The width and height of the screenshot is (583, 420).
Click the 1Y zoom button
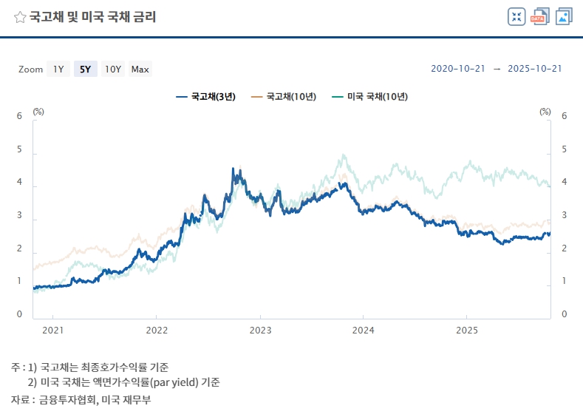coord(58,70)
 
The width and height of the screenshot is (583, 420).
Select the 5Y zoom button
coord(85,70)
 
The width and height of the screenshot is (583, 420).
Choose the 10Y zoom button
coord(112,70)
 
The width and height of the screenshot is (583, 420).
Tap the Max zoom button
coord(140,70)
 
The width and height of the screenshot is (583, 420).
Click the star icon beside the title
coord(20,17)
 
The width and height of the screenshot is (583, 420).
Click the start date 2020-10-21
coord(457,69)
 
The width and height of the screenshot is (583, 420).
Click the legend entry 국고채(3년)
coord(206,96)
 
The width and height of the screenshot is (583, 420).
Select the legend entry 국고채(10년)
coord(284,96)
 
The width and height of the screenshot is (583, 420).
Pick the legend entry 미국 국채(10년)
coord(370,96)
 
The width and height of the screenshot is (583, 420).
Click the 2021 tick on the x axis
coord(52,329)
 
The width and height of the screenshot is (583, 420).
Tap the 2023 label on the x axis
coord(260,329)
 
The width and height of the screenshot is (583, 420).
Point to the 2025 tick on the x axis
coord(466,329)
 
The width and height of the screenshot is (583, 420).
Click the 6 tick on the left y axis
coord(19,116)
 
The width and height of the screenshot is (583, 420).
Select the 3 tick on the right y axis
coord(564,215)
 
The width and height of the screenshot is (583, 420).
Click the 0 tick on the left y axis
coord(19,315)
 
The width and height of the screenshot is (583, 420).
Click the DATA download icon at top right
coord(540,17)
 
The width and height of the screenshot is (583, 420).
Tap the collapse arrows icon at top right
coord(516,17)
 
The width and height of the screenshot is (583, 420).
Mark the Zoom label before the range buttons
coord(31,70)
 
